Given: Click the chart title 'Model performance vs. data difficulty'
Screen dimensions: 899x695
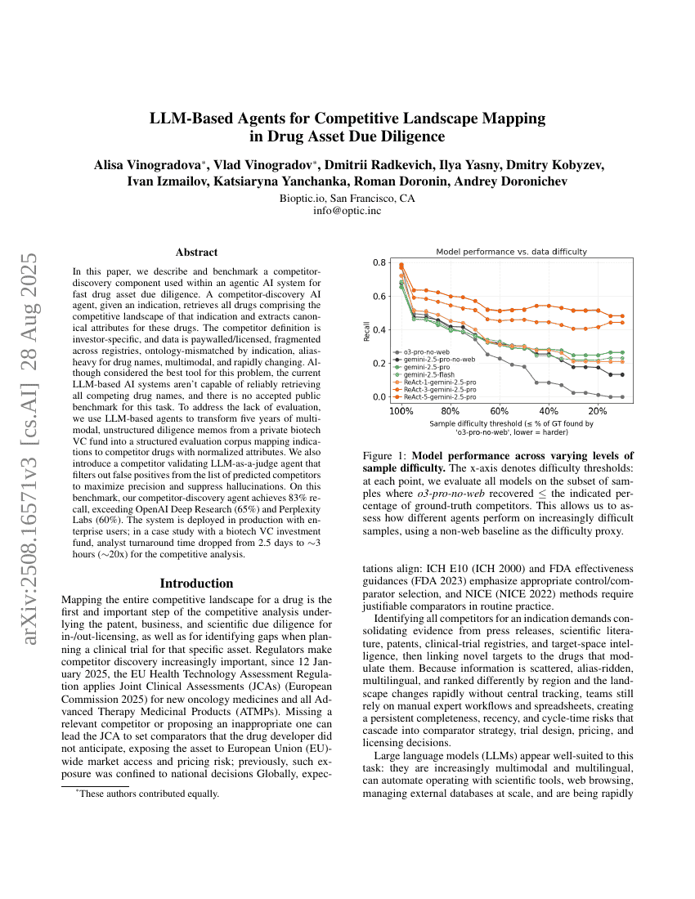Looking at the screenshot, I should [x=511, y=252].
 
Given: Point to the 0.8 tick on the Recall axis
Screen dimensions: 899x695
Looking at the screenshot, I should [x=379, y=263].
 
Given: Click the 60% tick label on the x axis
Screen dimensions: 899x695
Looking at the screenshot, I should [x=499, y=411].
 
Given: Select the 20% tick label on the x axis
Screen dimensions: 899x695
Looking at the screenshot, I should [x=598, y=411].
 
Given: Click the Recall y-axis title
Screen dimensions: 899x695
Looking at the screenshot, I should [x=366, y=330].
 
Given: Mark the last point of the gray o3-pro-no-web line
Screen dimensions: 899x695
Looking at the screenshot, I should [x=622, y=397].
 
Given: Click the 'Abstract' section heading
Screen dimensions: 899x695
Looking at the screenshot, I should [x=196, y=253].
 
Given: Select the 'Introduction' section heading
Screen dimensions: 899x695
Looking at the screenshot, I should [x=196, y=584].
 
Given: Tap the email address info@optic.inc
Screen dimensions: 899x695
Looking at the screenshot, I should [x=347, y=211].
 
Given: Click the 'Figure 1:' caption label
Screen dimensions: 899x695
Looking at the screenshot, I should [x=384, y=454].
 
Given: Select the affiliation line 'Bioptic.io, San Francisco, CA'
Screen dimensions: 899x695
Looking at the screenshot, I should [x=347, y=198].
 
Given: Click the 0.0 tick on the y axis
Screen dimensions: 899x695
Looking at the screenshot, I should [x=379, y=397].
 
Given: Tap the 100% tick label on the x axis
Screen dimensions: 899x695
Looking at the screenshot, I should [x=401, y=411].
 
